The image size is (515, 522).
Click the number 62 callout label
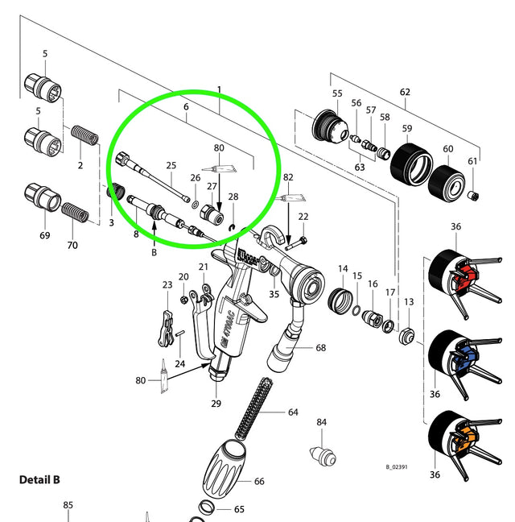coord(405,93)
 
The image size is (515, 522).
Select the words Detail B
coord(39,479)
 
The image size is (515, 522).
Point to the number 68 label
coord(320,348)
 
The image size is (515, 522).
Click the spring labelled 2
coord(84,136)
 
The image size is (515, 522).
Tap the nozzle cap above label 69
coord(39,197)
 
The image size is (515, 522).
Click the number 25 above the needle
coord(171,165)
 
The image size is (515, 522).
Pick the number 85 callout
coord(68,505)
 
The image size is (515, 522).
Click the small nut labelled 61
coord(473,197)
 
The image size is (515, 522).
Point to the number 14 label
coord(343,268)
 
